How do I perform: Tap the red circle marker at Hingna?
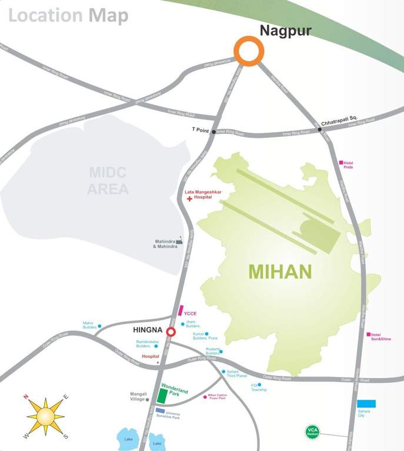click(x=171, y=332)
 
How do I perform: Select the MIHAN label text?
click(x=280, y=272)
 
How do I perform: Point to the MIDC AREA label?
click(x=108, y=181)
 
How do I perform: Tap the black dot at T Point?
click(x=213, y=132)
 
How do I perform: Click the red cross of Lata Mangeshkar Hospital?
click(x=189, y=199)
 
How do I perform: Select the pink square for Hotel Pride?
click(x=341, y=163)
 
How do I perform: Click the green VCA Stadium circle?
click(x=312, y=432)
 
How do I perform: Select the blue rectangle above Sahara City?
click(x=366, y=404)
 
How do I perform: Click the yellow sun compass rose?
click(x=46, y=416)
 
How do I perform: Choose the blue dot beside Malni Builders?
click(x=99, y=326)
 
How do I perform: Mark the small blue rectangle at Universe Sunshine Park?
click(x=160, y=410)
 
